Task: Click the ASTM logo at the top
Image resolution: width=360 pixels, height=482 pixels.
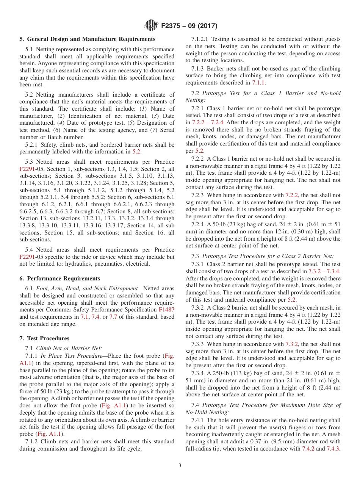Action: tap(152, 26)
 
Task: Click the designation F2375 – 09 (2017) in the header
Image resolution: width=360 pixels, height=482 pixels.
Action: tap(189, 26)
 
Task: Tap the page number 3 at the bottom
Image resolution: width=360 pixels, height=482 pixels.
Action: tap(180, 465)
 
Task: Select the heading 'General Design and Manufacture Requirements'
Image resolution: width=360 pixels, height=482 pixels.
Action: tap(91, 39)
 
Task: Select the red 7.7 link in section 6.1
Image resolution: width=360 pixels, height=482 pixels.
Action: tap(113, 317)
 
